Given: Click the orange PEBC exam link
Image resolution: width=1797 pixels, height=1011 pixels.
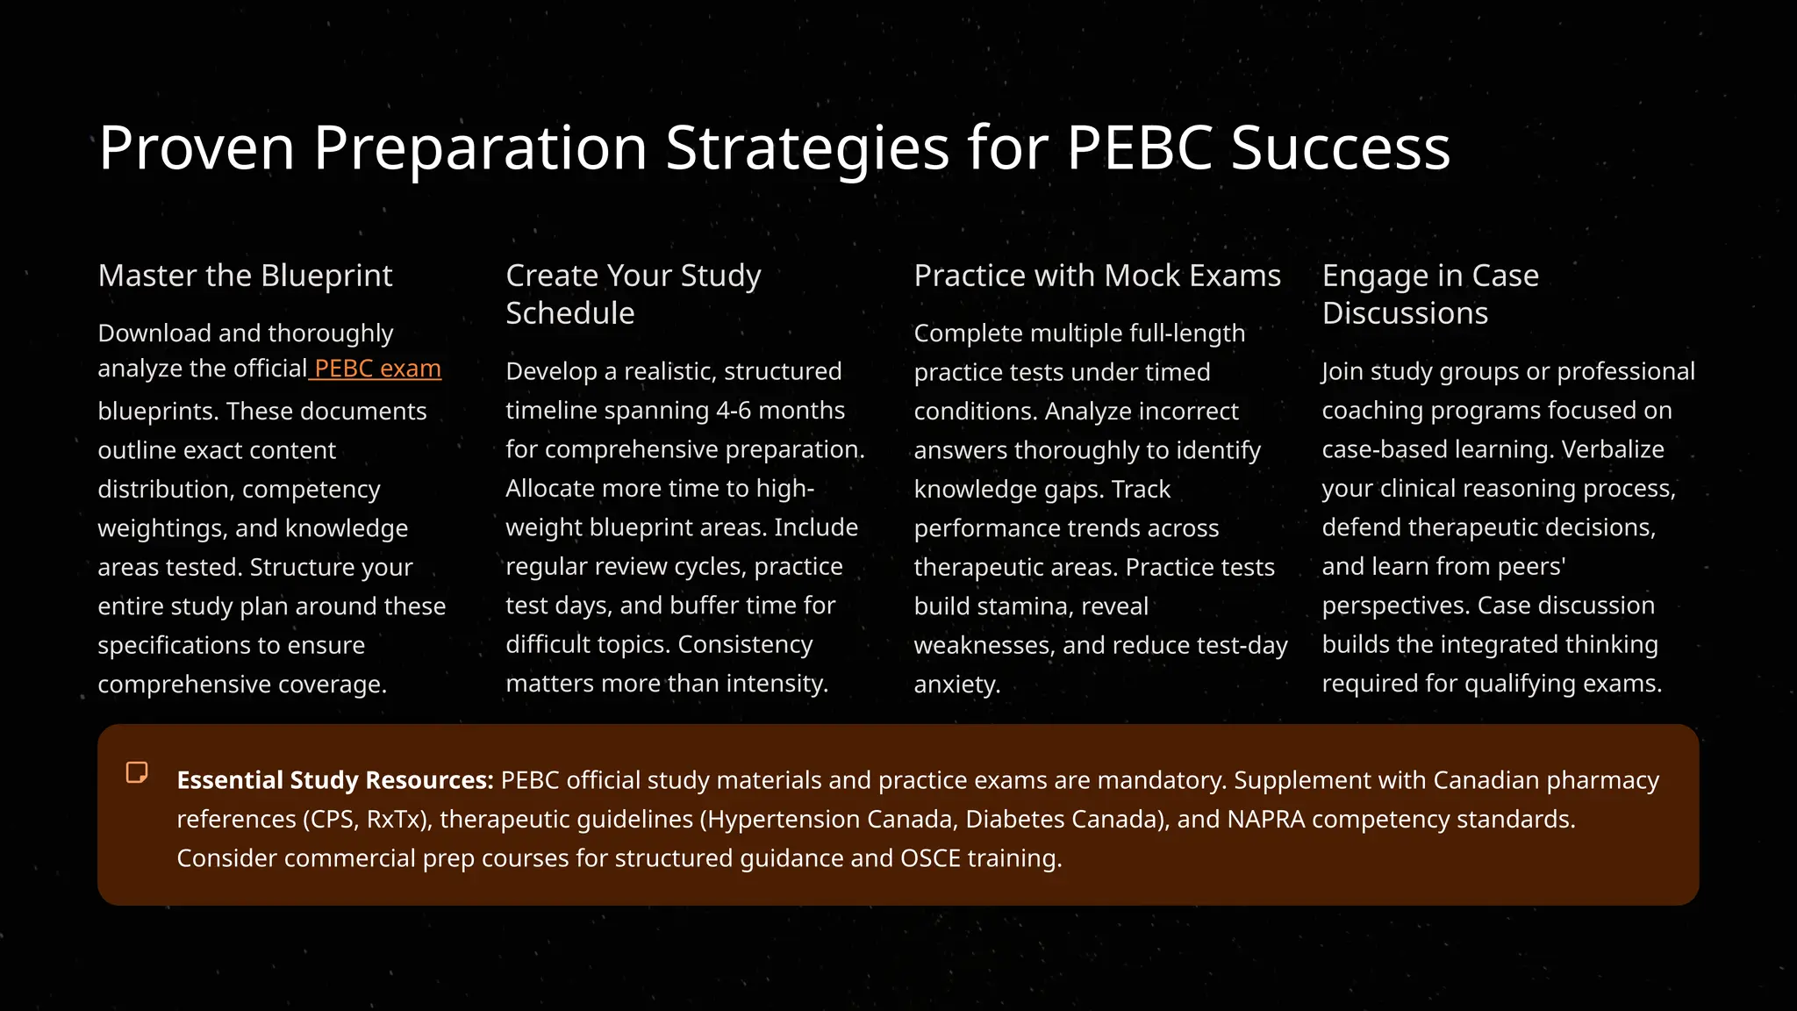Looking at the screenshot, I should click(x=377, y=369).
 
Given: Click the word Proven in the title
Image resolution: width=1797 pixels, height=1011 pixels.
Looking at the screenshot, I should click(x=197, y=147).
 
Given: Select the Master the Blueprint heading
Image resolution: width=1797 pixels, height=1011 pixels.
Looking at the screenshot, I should click(x=245, y=276).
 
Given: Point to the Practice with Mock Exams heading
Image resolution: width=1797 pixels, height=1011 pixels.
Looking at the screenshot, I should click(x=1097, y=276).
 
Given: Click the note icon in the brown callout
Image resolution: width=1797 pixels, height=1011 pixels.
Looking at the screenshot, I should click(x=137, y=772).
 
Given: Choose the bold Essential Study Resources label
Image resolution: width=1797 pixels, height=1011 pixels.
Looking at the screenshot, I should click(x=335, y=780).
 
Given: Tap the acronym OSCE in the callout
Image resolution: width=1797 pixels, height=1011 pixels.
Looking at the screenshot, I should click(x=930, y=858).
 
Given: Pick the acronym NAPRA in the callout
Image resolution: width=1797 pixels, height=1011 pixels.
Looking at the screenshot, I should click(x=1265, y=820).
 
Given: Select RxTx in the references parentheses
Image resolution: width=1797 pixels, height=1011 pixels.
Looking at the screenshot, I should click(x=396, y=820).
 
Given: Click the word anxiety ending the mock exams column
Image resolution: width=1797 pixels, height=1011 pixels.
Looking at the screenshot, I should click(x=956, y=685).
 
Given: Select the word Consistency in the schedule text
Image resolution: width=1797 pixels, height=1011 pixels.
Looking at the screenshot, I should click(x=745, y=645).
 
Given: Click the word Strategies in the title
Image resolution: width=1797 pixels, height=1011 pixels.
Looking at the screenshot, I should click(x=807, y=147).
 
